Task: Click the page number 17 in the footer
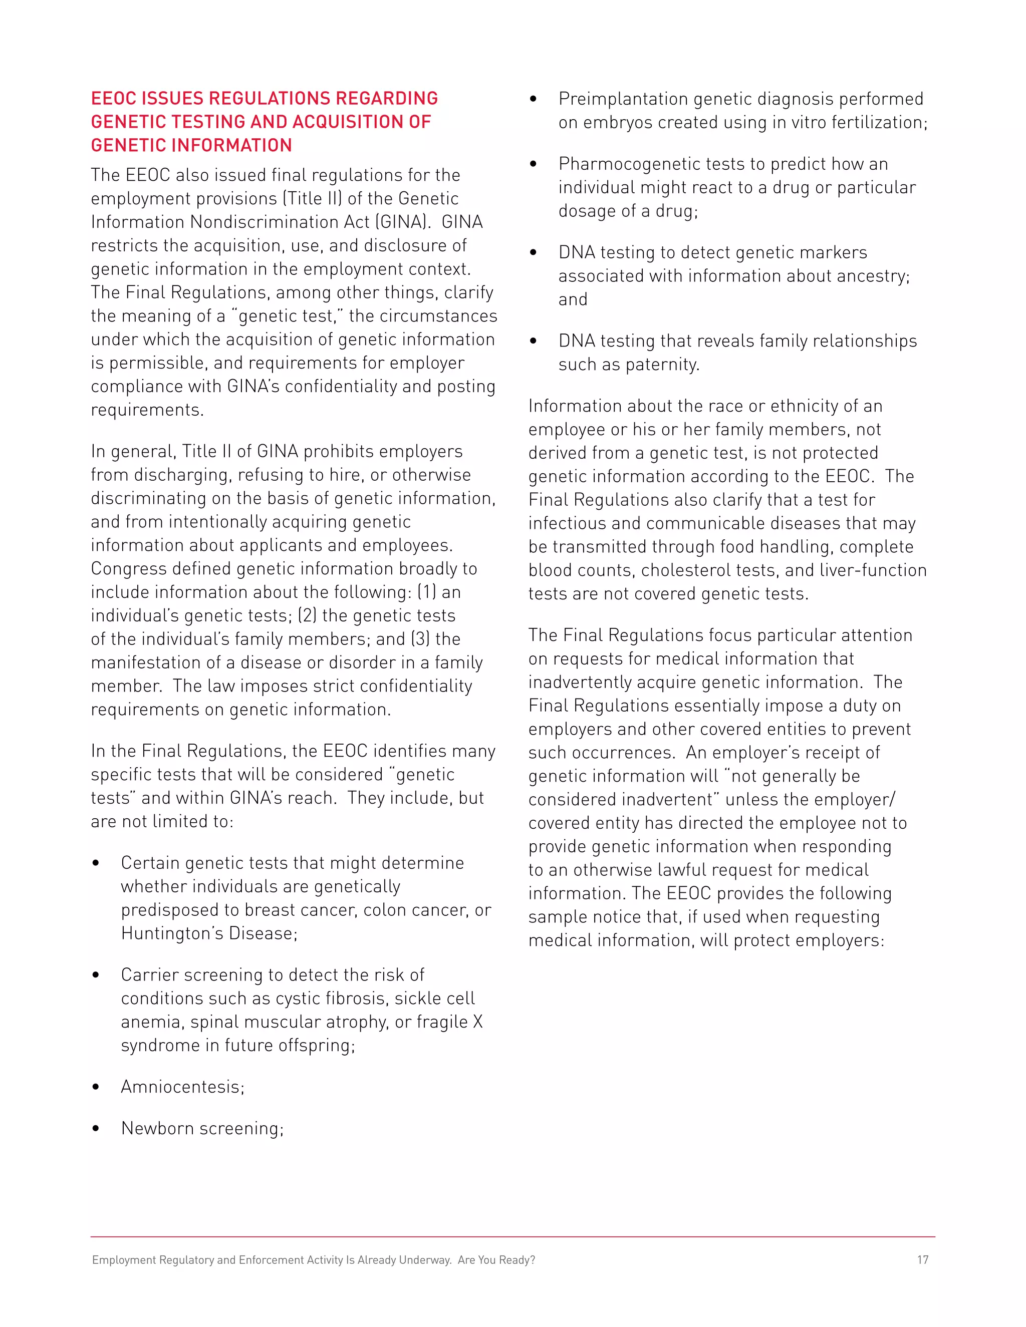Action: [x=922, y=1259]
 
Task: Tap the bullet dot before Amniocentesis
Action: [x=95, y=1087]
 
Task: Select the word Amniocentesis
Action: [x=182, y=1087]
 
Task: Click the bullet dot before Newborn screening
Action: [x=95, y=1128]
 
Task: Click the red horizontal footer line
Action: [x=512, y=1236]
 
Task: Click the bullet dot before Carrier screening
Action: [x=95, y=975]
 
